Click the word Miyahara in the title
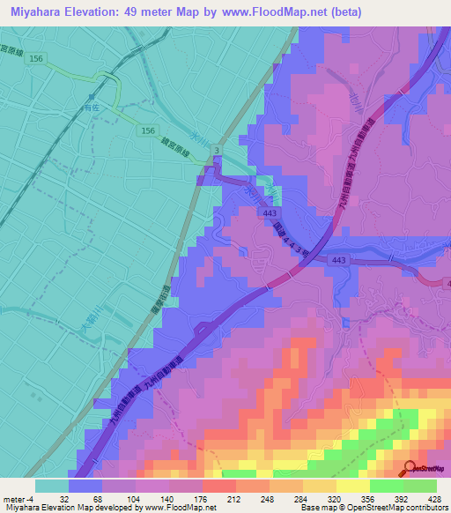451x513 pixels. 41,12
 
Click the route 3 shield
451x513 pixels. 218,152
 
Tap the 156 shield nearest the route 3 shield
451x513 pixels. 148,130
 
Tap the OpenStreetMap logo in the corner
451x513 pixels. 425,469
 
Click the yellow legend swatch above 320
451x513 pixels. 319,485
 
